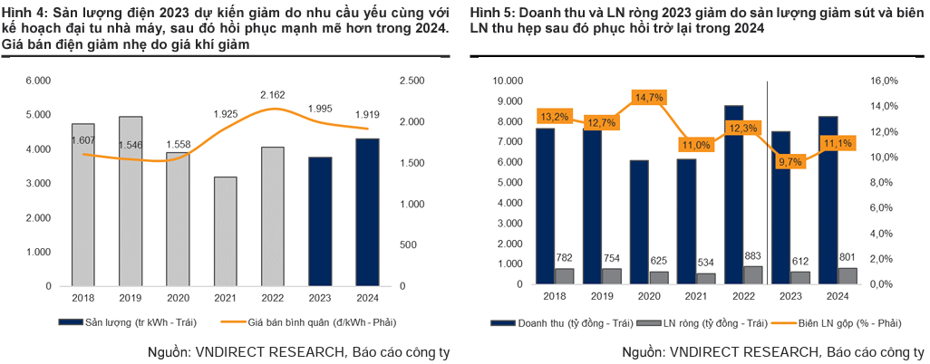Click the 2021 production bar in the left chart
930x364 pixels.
click(224, 231)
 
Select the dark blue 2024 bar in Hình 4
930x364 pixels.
click(366, 212)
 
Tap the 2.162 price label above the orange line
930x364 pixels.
click(273, 94)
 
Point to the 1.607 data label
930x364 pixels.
click(83, 140)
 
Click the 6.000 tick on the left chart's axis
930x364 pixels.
click(39, 81)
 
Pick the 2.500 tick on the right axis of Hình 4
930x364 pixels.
click(412, 81)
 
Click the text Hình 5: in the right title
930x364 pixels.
click(490, 13)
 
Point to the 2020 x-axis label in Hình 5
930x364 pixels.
click(648, 296)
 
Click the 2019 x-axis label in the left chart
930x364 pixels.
click(131, 296)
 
